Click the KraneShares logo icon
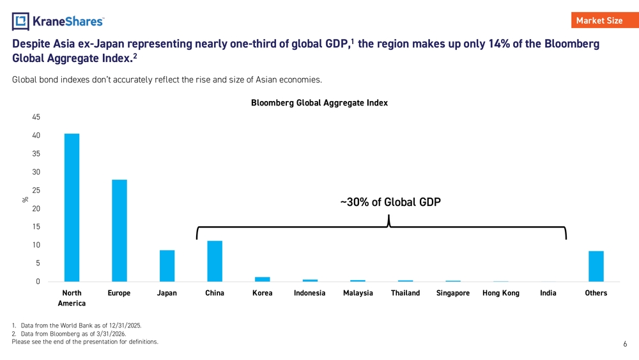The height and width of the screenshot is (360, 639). [x=20, y=21]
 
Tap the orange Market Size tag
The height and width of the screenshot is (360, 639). [x=604, y=20]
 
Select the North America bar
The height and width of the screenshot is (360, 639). [x=72, y=208]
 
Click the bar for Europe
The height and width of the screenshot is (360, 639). [x=119, y=231]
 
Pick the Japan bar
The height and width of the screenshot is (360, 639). [x=167, y=266]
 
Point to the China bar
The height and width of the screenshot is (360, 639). [x=215, y=262]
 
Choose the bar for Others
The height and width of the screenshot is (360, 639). [x=596, y=266]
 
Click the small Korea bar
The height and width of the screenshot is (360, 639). [x=263, y=279]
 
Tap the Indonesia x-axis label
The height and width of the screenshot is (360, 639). [x=310, y=293]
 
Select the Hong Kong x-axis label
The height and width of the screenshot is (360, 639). [x=501, y=293]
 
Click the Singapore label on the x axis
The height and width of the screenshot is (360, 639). [x=453, y=293]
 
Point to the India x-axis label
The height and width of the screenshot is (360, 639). [x=548, y=293]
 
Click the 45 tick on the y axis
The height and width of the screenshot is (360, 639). [x=36, y=117]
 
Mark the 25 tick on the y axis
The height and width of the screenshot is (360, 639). [x=36, y=191]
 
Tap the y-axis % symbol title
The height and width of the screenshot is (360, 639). [x=26, y=200]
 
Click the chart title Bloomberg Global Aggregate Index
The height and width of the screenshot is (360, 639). [x=319, y=103]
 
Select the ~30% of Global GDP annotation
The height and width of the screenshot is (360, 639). [x=390, y=202]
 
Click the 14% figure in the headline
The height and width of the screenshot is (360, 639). [x=499, y=43]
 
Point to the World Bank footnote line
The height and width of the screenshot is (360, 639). [x=77, y=325]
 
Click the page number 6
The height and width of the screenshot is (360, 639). [x=625, y=344]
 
